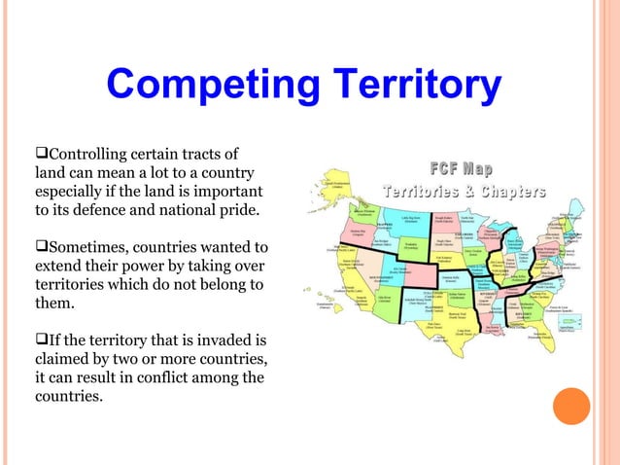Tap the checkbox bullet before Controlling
[x=41, y=155]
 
